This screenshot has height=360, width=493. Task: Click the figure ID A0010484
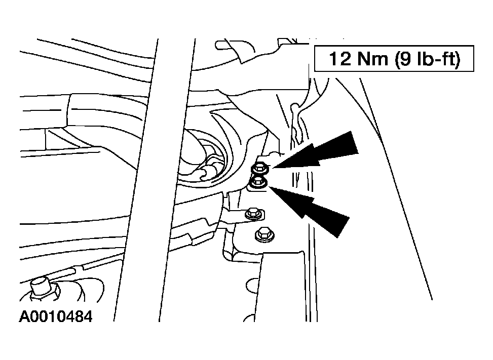[56, 316]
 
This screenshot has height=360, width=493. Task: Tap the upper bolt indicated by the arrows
[259, 169]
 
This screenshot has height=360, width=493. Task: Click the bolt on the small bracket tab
[254, 214]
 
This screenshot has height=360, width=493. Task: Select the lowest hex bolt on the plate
[264, 234]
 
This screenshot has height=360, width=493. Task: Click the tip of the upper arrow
[272, 168]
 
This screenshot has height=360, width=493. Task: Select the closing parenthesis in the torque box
[457, 59]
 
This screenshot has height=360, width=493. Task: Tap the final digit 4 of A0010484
[88, 316]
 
